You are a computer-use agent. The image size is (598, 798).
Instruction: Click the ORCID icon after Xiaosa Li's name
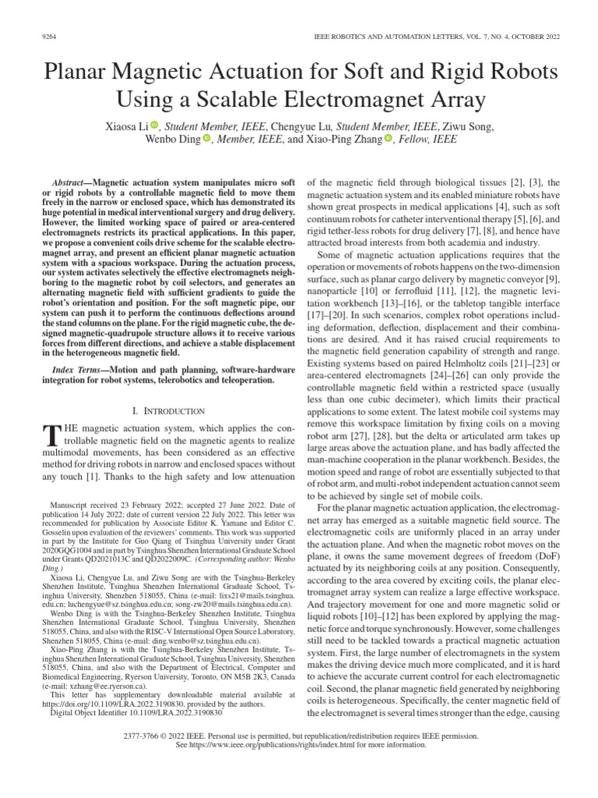tap(154, 125)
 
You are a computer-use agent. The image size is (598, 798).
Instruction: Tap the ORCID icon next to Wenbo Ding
tap(207, 139)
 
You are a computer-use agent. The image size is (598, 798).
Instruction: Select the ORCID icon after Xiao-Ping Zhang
tap(389, 139)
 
